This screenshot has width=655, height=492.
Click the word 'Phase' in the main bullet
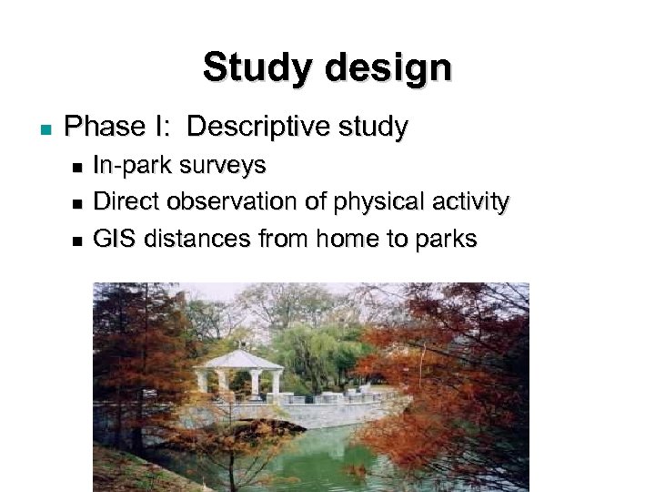click(106, 127)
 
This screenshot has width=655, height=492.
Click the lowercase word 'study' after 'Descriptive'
click(373, 127)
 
